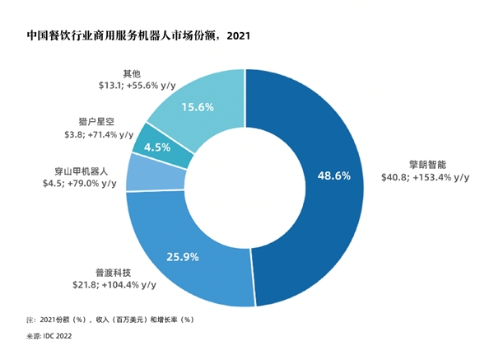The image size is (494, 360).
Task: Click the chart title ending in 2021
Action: pos(138,35)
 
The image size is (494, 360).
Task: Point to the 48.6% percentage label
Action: pos(334,175)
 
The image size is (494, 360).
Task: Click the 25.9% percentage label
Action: pos(183,257)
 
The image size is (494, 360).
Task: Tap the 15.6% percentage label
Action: pos(198,107)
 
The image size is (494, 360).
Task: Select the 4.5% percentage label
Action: pos(157,147)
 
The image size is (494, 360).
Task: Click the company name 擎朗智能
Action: pos(427,165)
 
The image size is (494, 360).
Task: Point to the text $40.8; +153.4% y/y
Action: pos(426,177)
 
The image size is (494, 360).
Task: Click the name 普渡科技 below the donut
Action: pos(113,273)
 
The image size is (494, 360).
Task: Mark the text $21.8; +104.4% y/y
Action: pos(114,285)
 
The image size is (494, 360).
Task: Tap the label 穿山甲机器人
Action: pos(82,171)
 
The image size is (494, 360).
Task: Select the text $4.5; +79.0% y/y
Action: pos(80,183)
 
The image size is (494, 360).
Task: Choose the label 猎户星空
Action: pos(96,122)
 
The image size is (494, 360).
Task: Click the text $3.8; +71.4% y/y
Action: pos(99,134)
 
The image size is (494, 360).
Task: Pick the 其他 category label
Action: pos(132,74)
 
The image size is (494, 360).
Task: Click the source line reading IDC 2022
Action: pos(49,336)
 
